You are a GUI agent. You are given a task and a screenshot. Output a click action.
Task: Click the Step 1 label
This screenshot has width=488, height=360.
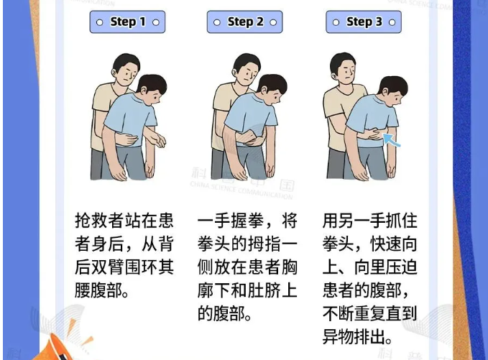pyautogui.click(x=128, y=22)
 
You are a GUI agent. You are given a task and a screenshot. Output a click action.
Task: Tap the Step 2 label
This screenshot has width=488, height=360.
pyautogui.click(x=245, y=22)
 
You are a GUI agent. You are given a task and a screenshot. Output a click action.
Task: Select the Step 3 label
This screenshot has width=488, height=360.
pyautogui.click(x=364, y=22)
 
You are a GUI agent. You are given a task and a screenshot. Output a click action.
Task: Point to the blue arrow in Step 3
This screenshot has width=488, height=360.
pyautogui.click(x=391, y=139)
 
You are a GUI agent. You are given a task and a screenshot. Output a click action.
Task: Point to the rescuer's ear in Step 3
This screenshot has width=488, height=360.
pyautogui.click(x=336, y=75)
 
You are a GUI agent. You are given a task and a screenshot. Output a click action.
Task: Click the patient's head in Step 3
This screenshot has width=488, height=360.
pyautogui.click(x=392, y=91)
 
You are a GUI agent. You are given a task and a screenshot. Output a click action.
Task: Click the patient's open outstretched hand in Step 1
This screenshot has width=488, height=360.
pyautogui.click(x=159, y=139)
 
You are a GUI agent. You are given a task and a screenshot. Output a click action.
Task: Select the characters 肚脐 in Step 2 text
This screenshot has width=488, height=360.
pyautogui.click(x=264, y=290)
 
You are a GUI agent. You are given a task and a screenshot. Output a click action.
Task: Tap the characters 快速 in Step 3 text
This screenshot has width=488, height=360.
pyautogui.click(x=386, y=244)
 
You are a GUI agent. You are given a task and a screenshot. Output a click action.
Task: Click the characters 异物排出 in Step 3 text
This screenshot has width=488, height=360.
pyautogui.click(x=354, y=337)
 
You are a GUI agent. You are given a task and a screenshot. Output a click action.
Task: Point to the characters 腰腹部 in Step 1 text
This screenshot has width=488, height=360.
pyautogui.click(x=98, y=290)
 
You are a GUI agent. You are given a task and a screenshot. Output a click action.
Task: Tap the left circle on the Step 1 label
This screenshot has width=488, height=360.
pyautogui.click(x=100, y=22)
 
